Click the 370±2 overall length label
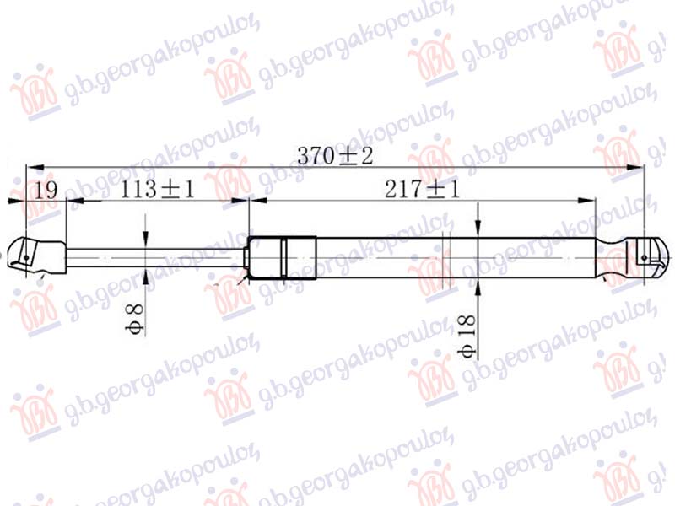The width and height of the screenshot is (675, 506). [335, 156]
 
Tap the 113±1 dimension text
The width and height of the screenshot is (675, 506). [157, 191]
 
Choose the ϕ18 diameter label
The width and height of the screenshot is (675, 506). [470, 337]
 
